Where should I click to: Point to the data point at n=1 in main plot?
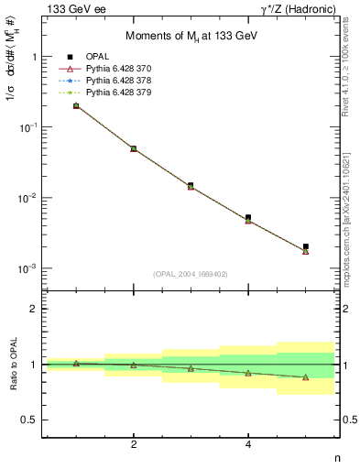click(x=76, y=105)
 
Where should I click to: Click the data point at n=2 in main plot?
click(x=134, y=148)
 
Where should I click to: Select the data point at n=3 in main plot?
click(x=191, y=185)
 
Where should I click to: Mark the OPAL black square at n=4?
click(x=248, y=217)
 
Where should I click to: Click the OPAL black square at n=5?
click(x=306, y=246)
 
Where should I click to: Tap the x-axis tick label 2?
click(x=134, y=444)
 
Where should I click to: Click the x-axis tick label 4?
click(x=248, y=444)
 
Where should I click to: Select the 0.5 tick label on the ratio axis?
click(x=30, y=420)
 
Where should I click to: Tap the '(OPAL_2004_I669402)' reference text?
click(x=190, y=273)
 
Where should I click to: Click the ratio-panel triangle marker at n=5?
click(x=306, y=377)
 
